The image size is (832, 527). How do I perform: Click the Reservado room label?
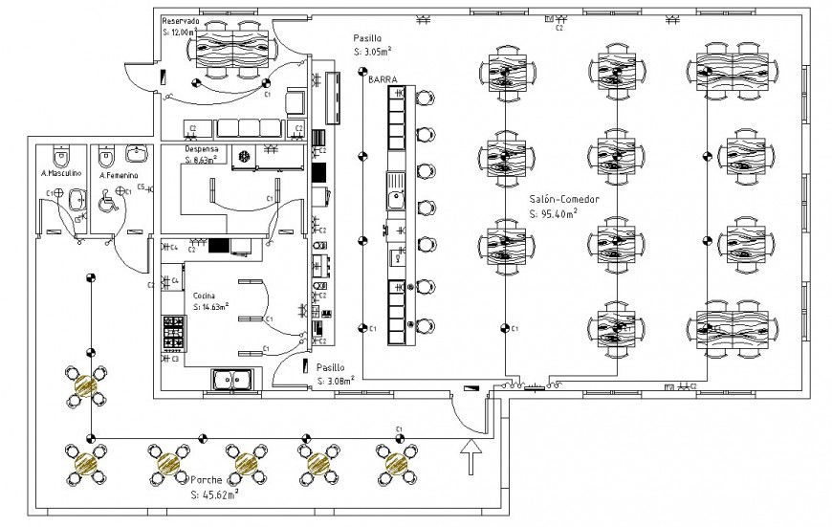point(181,20)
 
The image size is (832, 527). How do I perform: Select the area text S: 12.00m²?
point(179,32)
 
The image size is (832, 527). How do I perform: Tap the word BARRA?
point(383,81)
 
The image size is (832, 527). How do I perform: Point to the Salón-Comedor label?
point(564,199)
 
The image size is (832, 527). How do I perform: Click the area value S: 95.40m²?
point(553,214)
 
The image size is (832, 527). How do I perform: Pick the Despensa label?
point(202,150)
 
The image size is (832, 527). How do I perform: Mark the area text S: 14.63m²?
point(210,307)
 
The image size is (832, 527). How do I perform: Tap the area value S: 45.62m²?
point(214,494)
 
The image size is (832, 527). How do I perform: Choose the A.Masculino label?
point(61,175)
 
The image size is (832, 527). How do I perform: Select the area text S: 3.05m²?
point(376,51)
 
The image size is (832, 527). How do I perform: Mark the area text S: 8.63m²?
point(203,160)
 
